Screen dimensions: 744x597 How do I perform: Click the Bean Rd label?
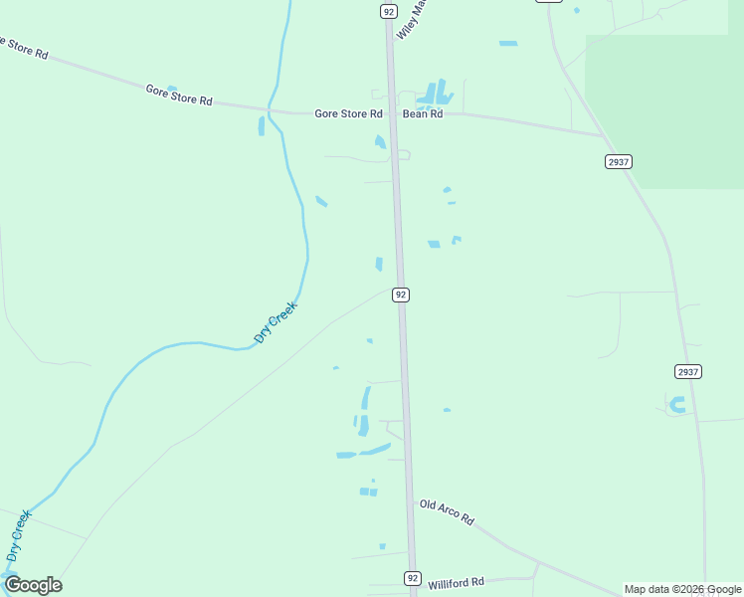point(422,114)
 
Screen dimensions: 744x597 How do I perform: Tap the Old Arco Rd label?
point(447,512)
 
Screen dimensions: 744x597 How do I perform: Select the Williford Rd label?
point(456,582)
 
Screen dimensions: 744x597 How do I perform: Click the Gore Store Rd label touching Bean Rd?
point(348,114)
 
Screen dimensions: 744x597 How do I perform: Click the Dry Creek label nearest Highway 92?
point(276,322)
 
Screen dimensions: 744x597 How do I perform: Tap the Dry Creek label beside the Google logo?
point(19,536)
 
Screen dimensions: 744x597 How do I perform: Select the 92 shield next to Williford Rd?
point(413,578)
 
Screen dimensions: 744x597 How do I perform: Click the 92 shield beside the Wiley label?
point(388,11)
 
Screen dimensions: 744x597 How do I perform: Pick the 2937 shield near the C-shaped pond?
point(688,371)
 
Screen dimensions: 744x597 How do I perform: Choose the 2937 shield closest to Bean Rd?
point(618,161)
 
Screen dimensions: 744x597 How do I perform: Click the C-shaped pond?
point(677,404)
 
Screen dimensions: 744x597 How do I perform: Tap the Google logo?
point(33,585)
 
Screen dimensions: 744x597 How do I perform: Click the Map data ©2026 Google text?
point(682,589)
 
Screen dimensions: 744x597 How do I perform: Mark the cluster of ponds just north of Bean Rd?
point(436,95)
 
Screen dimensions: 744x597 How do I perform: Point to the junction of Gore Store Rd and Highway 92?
point(392,113)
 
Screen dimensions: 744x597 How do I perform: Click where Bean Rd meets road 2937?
point(603,136)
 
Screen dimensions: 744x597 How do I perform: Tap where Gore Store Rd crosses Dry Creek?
point(273,110)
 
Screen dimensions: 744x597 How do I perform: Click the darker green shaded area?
point(666,109)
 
